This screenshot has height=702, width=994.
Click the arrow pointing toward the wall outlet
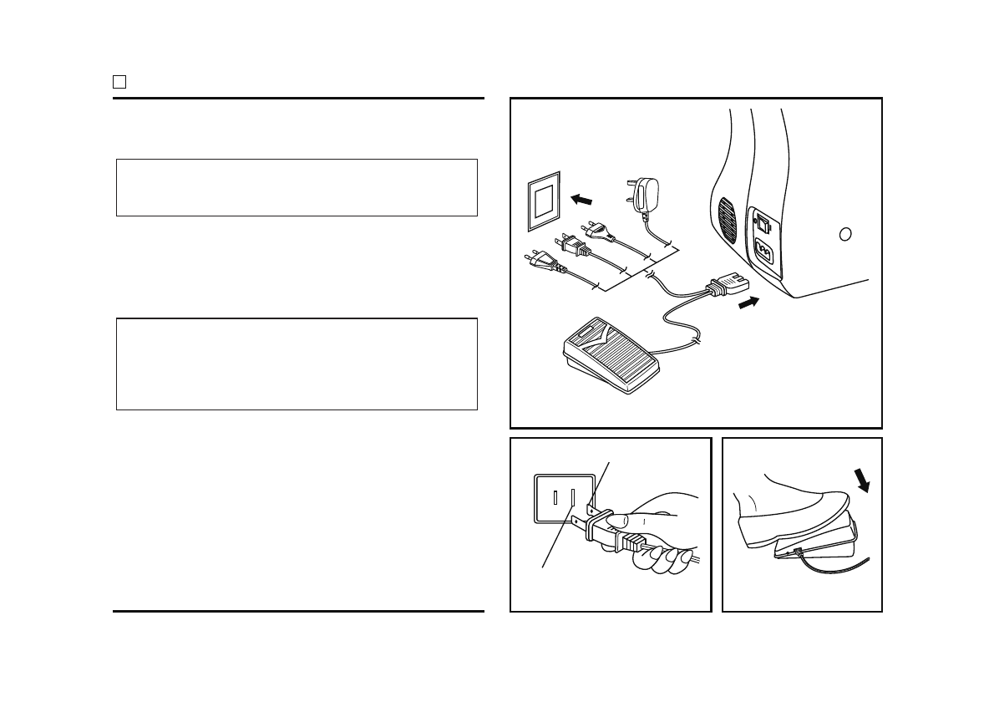582,199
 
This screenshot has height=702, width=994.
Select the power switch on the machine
763,223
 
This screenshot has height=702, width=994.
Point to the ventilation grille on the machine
728,221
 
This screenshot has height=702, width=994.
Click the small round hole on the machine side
845,234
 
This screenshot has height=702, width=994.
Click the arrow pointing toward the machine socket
750,303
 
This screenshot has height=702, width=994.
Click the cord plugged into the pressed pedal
835,569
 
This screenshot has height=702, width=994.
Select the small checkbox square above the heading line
119,82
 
